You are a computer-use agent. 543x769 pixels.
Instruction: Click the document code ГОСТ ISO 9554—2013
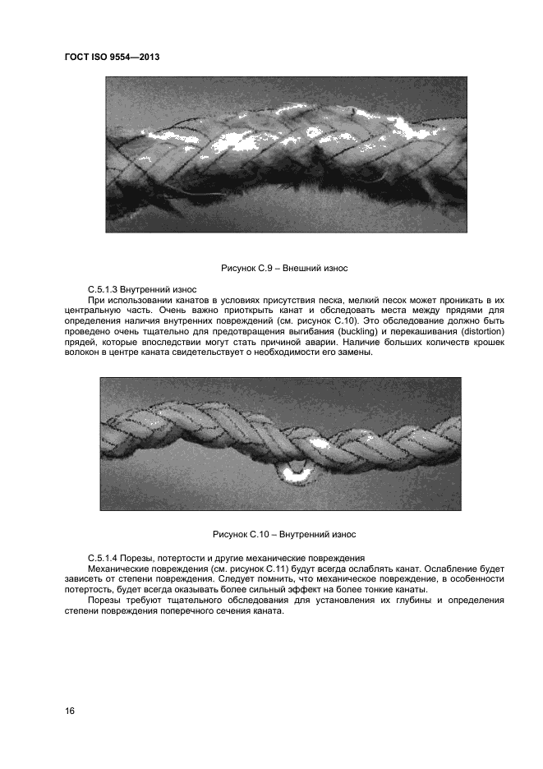tap(113, 57)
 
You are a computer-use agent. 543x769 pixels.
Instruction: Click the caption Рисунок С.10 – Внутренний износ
tap(284, 536)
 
